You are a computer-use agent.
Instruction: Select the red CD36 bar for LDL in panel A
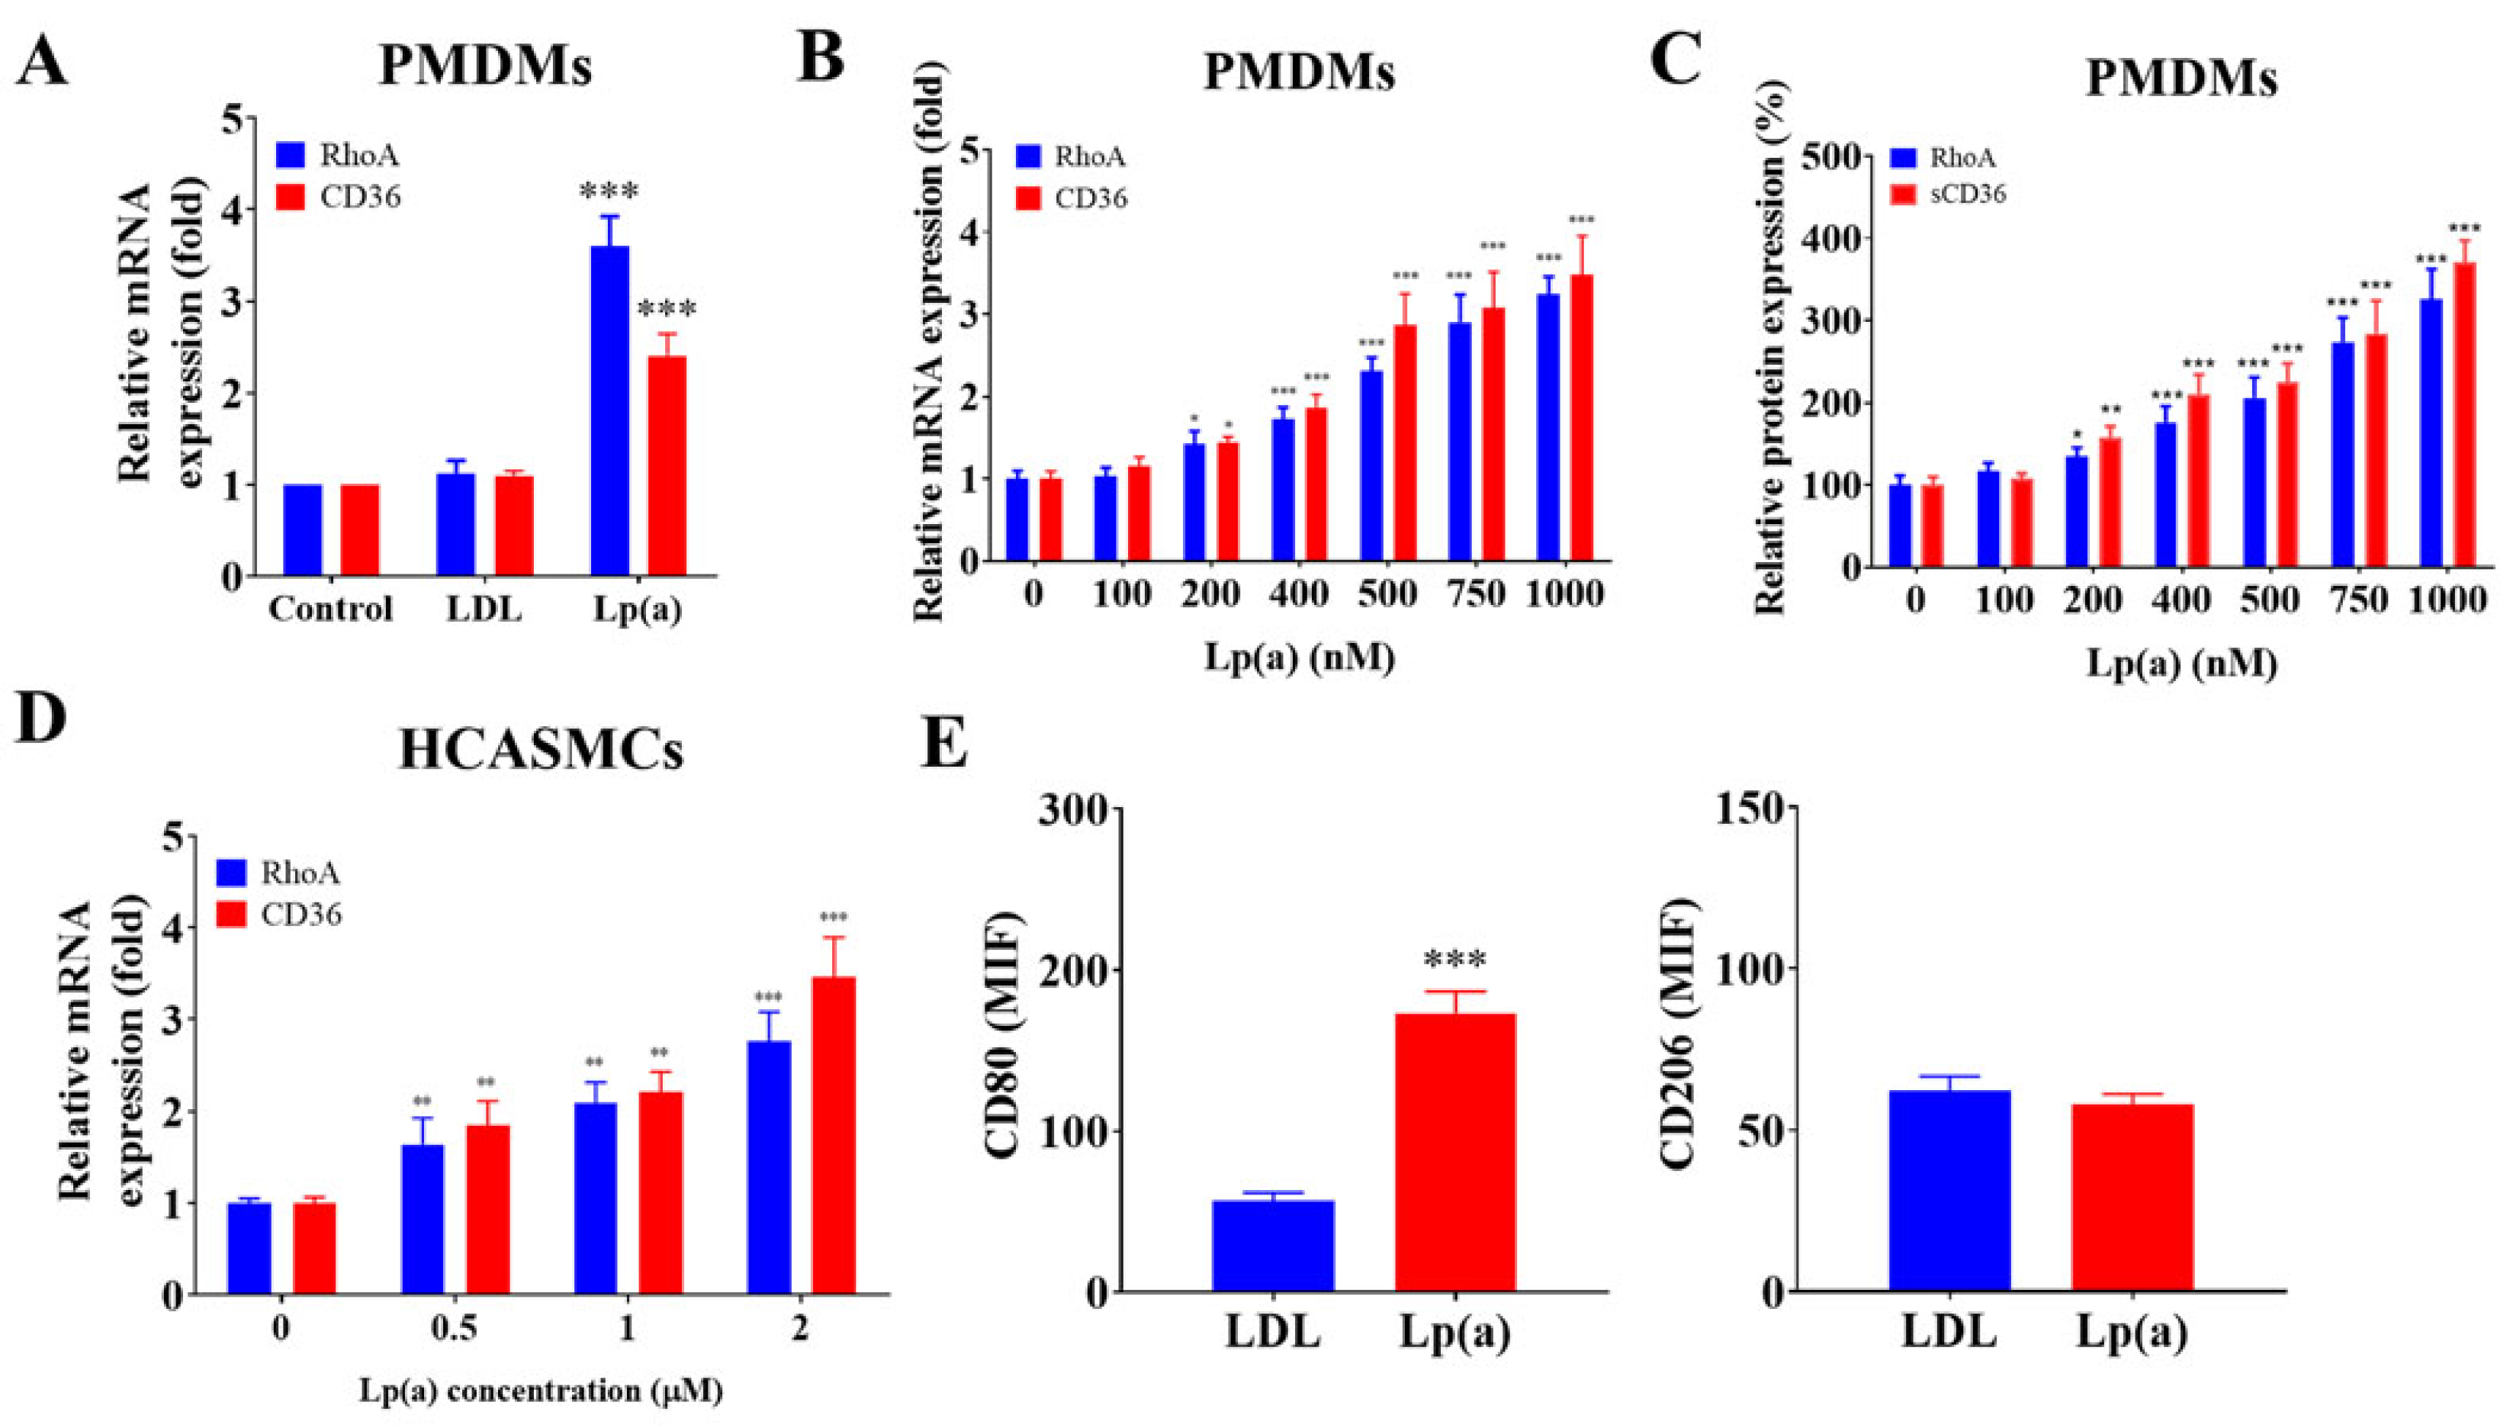click(514, 526)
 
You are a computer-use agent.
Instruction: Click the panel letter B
click(821, 59)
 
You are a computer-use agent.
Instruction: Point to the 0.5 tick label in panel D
click(455, 1330)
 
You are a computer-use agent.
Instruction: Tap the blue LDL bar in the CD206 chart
click(1949, 1191)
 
